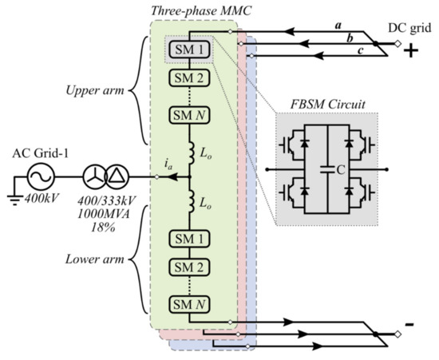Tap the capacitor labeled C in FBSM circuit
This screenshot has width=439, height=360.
coord(327,168)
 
